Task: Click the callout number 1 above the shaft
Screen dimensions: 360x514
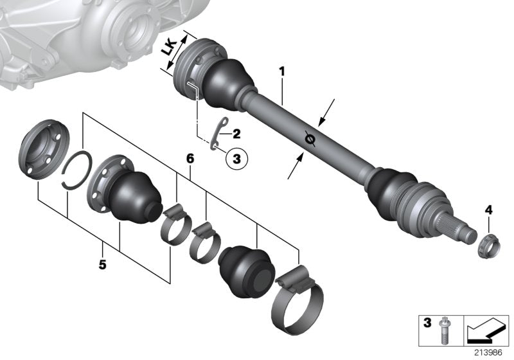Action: pos(281,69)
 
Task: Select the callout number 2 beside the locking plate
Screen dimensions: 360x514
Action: pos(236,134)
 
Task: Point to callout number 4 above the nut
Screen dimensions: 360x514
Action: pos(488,210)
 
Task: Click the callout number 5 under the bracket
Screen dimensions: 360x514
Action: pos(104,245)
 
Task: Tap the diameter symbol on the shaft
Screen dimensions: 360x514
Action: pos(309,137)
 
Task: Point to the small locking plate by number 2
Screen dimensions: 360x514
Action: pos(219,136)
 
